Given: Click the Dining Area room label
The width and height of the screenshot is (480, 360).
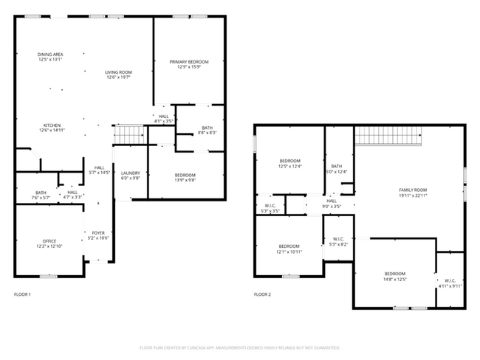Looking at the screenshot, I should (x=50, y=55).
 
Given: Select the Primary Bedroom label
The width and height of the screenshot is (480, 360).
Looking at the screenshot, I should (x=188, y=62).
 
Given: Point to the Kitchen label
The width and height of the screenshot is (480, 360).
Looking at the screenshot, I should (x=51, y=125).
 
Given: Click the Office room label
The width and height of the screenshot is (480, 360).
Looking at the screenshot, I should (x=49, y=240).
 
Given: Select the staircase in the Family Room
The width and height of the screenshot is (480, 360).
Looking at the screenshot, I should (x=388, y=136).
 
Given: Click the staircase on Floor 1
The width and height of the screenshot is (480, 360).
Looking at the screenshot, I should (x=129, y=135).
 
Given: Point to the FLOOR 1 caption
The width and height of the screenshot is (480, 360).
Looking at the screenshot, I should (x=23, y=294).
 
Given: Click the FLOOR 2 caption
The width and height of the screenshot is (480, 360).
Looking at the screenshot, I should (x=262, y=294).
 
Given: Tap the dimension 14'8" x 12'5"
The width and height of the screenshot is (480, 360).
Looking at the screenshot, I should (x=394, y=280).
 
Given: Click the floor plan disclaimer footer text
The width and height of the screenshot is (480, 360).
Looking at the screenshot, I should (x=239, y=347).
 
